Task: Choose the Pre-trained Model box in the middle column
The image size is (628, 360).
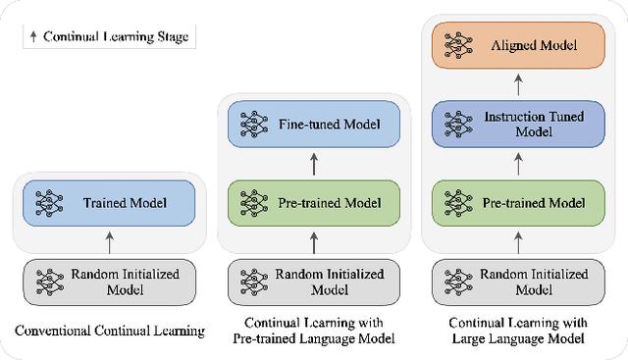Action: pyautogui.click(x=314, y=203)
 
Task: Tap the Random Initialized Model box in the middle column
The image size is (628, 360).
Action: pyautogui.click(x=314, y=281)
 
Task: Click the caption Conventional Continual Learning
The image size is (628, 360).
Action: pyautogui.click(x=110, y=331)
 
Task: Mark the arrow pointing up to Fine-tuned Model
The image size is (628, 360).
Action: pyautogui.click(x=314, y=164)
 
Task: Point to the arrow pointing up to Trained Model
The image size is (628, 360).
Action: pyautogui.click(x=111, y=241)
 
